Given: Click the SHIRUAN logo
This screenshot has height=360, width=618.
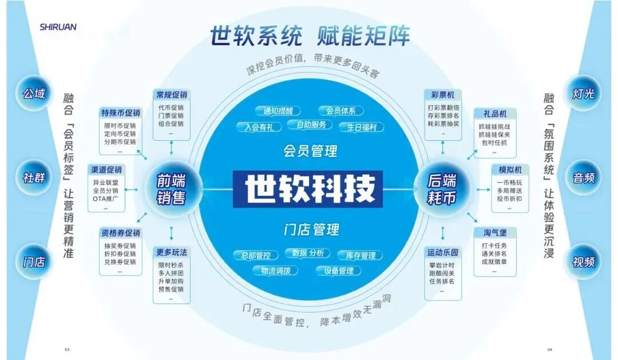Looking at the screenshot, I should [x=58, y=26].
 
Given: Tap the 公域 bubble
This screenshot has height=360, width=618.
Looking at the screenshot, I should [x=34, y=93].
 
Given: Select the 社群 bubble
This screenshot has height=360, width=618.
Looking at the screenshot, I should [x=34, y=177].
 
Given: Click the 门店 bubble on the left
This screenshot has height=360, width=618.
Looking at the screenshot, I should [x=34, y=262].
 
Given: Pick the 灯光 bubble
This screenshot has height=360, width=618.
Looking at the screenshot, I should [x=584, y=93].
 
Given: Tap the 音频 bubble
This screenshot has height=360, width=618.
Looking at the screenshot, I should [x=584, y=177].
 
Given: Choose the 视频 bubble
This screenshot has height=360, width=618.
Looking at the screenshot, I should [x=584, y=262].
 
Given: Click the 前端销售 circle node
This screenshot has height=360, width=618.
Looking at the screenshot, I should [x=171, y=189].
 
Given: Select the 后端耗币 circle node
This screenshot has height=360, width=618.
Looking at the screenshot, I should [x=442, y=189].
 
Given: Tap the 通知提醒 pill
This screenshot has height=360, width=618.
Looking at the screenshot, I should [x=278, y=111].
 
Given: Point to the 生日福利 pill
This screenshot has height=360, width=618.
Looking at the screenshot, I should [x=361, y=127].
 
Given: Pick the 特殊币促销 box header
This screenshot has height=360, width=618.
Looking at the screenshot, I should [x=121, y=113].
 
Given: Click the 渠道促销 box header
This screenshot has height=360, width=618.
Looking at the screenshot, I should [x=106, y=170].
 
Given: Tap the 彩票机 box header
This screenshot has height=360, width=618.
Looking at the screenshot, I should [x=443, y=95].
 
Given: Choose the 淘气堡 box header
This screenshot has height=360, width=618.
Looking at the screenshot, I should [x=494, y=233].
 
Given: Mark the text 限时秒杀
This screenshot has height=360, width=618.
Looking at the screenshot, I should [x=171, y=266].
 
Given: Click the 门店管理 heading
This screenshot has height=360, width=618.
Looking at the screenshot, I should [x=311, y=230].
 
